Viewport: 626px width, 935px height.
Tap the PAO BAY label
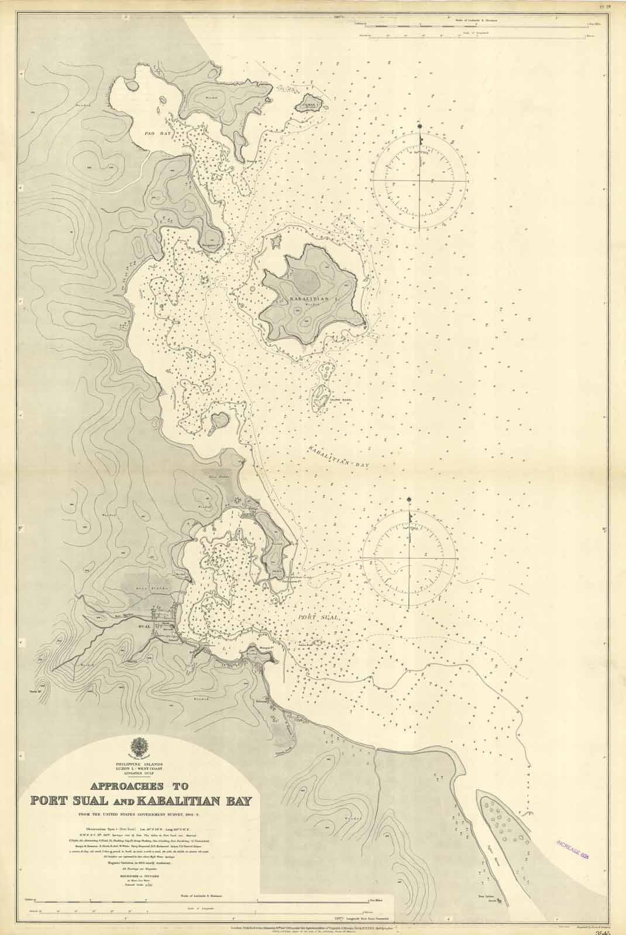pos(158,134)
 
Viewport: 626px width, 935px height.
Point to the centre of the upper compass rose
pos(421,181)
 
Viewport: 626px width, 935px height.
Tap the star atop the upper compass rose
pos(420,127)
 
